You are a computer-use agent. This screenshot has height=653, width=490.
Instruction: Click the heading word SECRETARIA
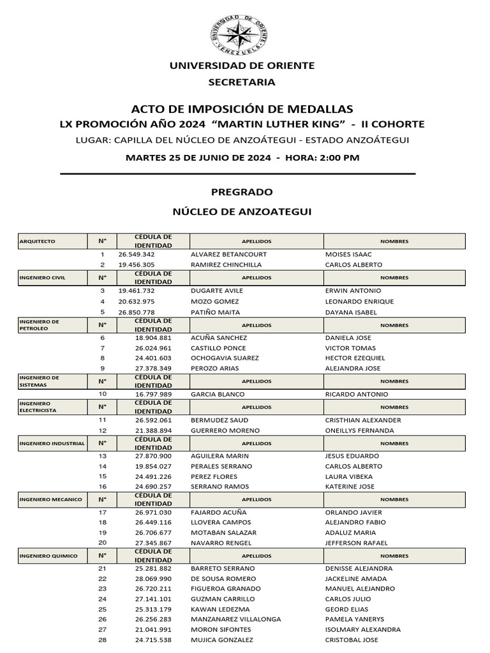[242, 82]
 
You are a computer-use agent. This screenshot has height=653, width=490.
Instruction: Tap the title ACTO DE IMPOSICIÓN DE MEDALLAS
[242, 109]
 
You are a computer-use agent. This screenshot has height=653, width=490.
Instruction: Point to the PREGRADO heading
[242, 192]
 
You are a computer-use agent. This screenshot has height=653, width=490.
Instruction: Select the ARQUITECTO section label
[38, 242]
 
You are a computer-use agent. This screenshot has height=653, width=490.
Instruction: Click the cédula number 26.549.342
[137, 254]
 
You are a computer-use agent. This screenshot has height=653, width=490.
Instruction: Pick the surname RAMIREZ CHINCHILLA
[226, 265]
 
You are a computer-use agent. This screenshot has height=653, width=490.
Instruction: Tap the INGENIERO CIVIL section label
[43, 277]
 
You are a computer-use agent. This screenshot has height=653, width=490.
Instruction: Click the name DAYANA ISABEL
[351, 312]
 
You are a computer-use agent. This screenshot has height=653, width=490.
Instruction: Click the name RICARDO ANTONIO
[357, 394]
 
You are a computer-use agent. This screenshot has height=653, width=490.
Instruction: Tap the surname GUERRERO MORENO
[225, 430]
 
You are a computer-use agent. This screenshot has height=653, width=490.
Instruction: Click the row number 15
[102, 476]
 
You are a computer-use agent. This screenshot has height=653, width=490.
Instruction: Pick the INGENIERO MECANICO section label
[51, 499]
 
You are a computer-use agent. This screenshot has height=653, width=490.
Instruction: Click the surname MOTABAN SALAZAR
[223, 532]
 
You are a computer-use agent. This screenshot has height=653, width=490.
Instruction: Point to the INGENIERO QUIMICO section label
[48, 556]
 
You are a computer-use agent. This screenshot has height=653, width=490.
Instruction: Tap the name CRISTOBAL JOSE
[352, 640]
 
